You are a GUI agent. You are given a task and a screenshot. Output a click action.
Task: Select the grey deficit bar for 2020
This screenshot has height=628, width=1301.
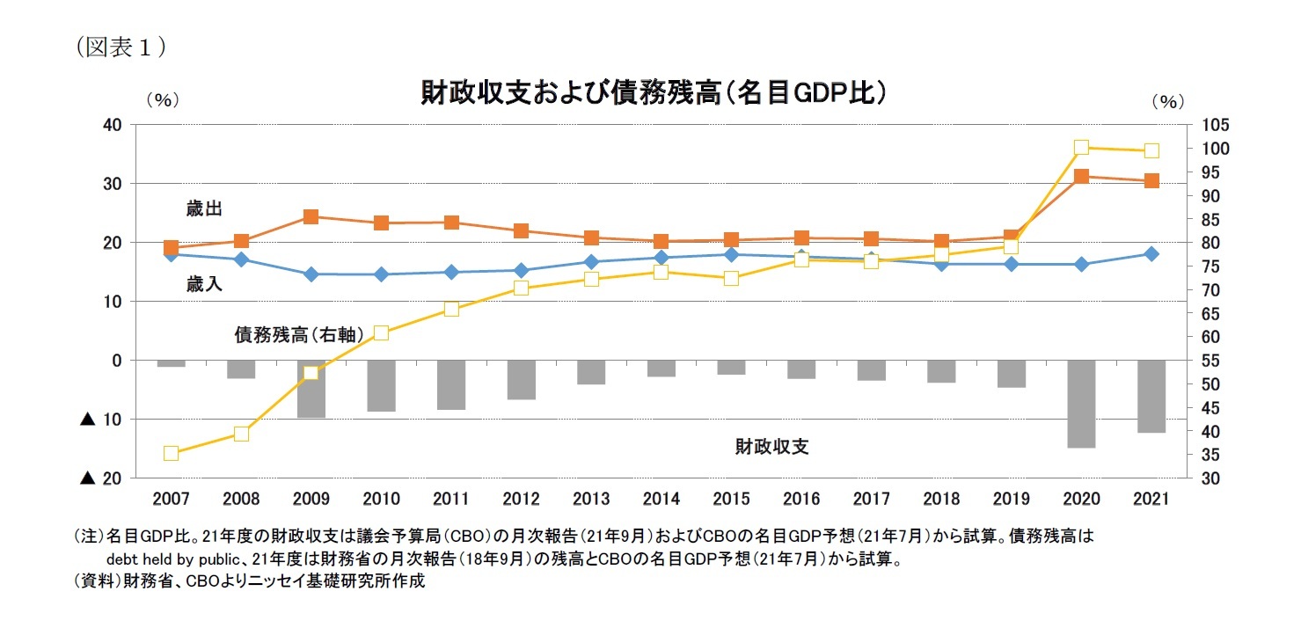1081,404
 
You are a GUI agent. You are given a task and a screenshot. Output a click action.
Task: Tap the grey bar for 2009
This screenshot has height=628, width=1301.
311,389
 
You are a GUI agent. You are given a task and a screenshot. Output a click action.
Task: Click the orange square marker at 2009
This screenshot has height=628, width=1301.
311,216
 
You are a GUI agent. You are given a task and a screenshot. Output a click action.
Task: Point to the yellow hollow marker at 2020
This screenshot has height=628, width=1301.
1081,148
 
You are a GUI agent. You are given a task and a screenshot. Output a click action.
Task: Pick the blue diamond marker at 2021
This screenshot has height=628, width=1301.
1151,253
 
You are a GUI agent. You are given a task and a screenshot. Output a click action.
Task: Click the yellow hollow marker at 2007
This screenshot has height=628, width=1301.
171,454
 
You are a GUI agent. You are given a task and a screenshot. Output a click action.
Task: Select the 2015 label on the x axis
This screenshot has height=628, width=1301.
731,499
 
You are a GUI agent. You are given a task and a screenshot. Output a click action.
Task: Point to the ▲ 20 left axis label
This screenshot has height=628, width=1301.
100,478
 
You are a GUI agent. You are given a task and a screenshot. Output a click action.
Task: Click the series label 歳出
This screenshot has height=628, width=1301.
202,208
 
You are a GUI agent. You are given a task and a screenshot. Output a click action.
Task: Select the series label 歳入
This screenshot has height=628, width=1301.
202,283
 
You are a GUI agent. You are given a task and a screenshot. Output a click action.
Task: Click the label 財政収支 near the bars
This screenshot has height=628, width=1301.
771,447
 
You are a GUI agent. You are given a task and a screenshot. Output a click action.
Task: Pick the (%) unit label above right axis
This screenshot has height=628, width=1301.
1167,101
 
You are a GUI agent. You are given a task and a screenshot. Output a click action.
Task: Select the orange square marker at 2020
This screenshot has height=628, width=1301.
1081,177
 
